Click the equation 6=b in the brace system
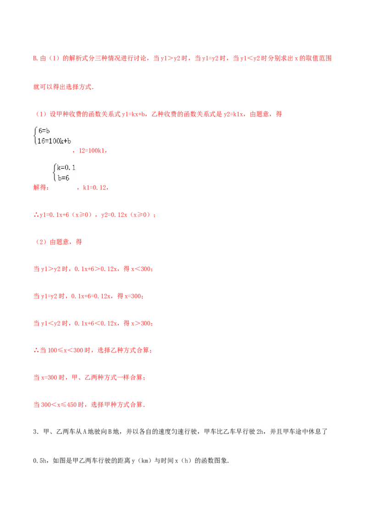pos(44,131)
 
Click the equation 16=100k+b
pos(54,141)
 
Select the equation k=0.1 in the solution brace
pos(66,168)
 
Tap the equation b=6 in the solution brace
pos(63,178)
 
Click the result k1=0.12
pos(95,188)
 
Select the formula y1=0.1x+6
pos(54,215)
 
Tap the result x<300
pos(141,269)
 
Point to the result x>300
pos(141,323)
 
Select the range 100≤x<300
pos(66,351)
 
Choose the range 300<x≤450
pos(59,405)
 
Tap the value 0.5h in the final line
pos(40,461)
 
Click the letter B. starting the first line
pos(36,58)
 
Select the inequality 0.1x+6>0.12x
pos(96,269)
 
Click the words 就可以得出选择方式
pos(62,87)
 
